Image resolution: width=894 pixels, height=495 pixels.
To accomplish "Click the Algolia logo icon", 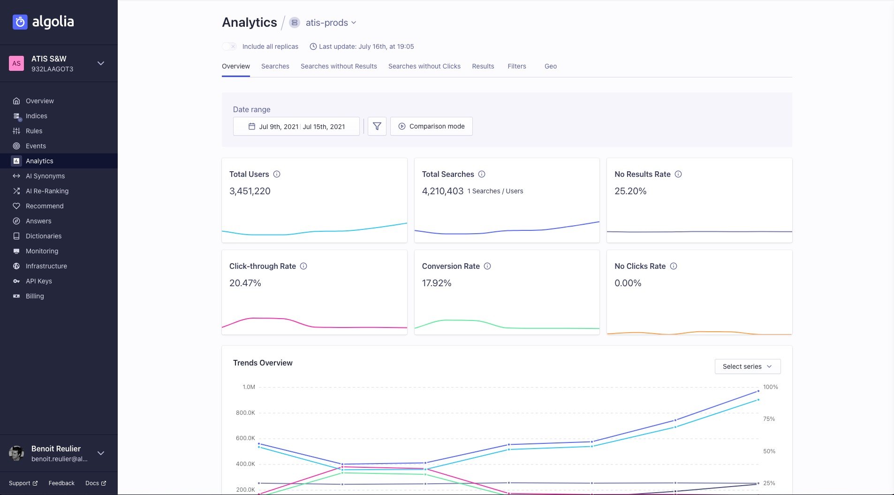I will point(20,22).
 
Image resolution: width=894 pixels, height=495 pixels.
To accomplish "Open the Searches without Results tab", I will point(338,66).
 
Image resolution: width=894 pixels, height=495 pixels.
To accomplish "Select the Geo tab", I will point(550,66).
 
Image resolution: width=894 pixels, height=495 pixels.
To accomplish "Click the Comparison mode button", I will point(431,126).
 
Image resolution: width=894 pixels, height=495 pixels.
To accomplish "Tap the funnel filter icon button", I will point(377,126).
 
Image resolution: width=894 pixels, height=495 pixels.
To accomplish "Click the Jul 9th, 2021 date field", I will point(278,127).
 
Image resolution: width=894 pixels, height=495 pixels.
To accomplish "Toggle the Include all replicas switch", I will point(229,46).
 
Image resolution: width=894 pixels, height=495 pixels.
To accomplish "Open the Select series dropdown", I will point(747,366).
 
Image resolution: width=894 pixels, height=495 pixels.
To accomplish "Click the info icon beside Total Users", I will point(277,174).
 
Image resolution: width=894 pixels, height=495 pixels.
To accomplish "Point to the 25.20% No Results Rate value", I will point(630,191).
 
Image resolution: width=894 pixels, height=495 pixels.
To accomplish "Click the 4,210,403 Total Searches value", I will point(442,191).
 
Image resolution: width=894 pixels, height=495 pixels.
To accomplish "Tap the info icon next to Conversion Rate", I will point(487,266).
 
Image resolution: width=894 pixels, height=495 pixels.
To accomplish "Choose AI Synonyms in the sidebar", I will point(45,176).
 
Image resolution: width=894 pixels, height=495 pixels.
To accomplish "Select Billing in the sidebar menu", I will point(35,296).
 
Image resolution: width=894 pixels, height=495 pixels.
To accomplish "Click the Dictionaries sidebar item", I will point(43,236).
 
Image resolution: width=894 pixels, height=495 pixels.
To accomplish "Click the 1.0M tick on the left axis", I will point(249,387).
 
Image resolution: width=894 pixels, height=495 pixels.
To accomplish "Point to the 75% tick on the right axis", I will point(769,419).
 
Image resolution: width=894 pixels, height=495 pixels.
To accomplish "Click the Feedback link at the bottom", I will point(61,483).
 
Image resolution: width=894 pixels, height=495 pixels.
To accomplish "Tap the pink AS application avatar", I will point(16,63).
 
